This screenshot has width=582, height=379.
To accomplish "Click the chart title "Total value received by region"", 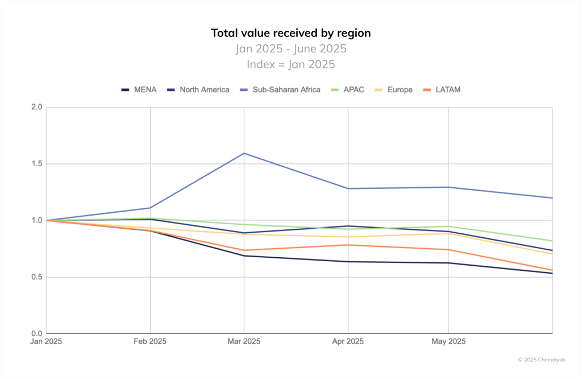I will point(290,33).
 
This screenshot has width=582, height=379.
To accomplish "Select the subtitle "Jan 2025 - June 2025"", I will point(290,49).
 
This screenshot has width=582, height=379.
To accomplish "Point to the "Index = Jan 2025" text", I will point(290,64).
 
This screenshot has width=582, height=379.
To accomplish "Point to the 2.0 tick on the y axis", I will point(37,107).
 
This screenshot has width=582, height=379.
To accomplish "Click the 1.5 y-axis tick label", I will point(37,164).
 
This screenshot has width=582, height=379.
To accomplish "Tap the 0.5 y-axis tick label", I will point(37,277).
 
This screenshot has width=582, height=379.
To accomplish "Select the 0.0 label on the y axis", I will point(37,333).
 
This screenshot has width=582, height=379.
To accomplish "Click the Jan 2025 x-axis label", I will point(47,342).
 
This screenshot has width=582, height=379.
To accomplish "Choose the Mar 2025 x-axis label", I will point(244,342).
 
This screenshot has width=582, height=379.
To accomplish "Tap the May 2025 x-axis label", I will point(448,342).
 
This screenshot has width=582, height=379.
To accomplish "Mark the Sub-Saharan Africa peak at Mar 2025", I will point(244,153).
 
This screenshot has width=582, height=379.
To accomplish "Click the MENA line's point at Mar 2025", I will point(244,256).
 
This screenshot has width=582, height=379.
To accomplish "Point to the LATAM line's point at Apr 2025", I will point(348,245).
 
